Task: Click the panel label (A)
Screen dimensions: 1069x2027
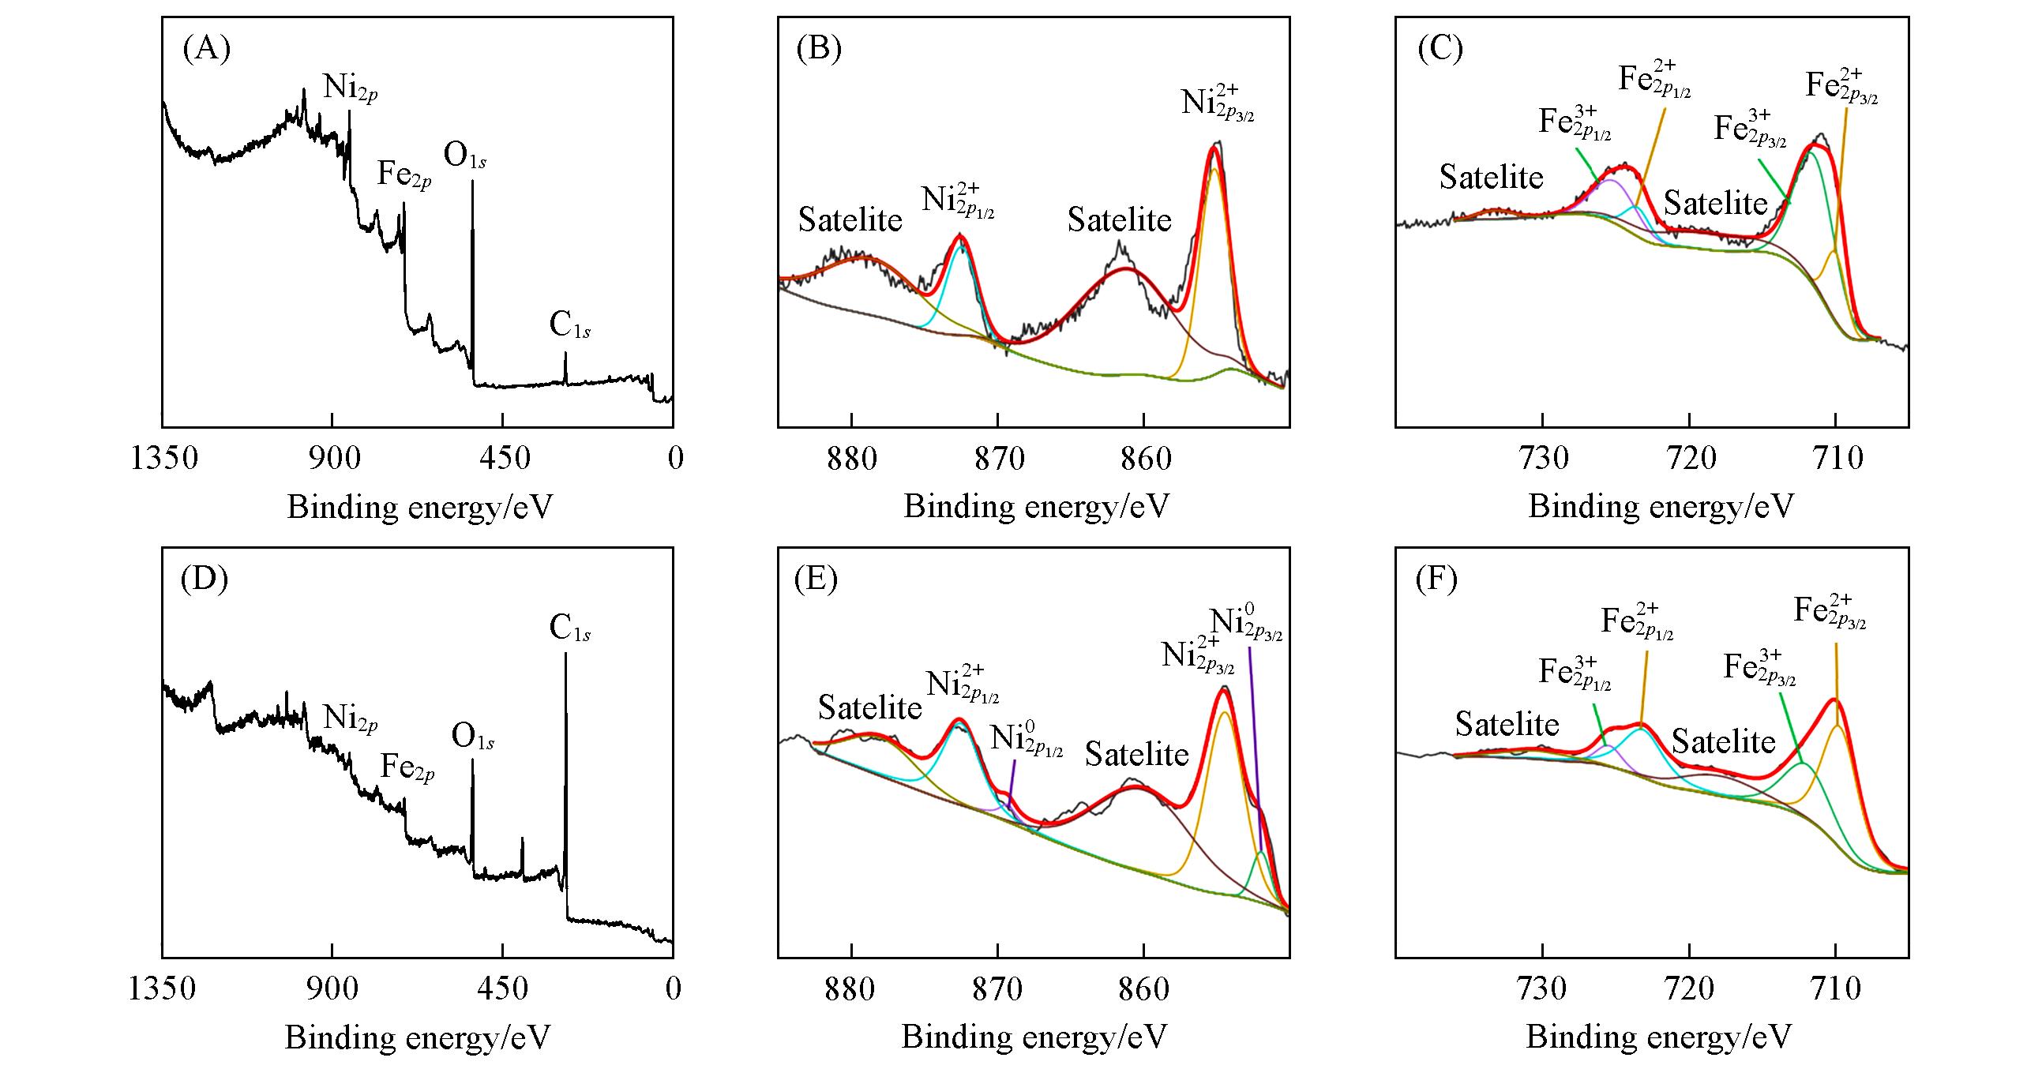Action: pyautogui.click(x=206, y=50)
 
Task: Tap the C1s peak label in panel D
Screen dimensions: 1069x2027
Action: pyautogui.click(x=570, y=629)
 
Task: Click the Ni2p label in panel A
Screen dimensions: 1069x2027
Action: pyautogui.click(x=350, y=87)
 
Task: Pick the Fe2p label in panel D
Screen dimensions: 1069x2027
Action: pyautogui.click(x=407, y=767)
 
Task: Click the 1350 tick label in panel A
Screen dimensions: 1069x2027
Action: pyautogui.click(x=164, y=458)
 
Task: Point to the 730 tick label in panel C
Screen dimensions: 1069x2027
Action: pyautogui.click(x=1544, y=459)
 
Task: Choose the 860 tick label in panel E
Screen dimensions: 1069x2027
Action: pyautogui.click(x=1144, y=988)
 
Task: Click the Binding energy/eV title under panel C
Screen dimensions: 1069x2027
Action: pyautogui.click(x=1661, y=506)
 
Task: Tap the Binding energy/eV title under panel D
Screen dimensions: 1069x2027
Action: pyautogui.click(x=417, y=1037)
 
